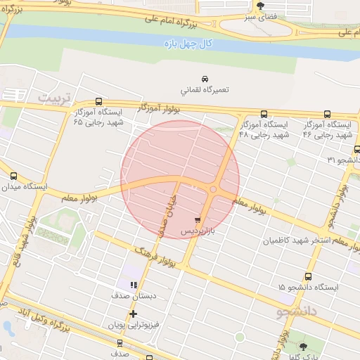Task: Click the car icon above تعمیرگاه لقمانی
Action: tap(204, 79)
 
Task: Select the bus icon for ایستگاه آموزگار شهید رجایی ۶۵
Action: tap(98, 101)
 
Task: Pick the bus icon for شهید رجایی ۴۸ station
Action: tap(264, 113)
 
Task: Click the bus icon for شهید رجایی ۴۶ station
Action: tap(328, 113)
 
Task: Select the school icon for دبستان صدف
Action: tap(133, 284)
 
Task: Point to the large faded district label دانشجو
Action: tap(298, 309)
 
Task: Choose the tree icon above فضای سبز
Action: tap(260, 6)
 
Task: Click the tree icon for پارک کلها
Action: tap(304, 347)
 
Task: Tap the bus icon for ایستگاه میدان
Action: tap(13, 176)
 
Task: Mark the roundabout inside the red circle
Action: tap(213, 188)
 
